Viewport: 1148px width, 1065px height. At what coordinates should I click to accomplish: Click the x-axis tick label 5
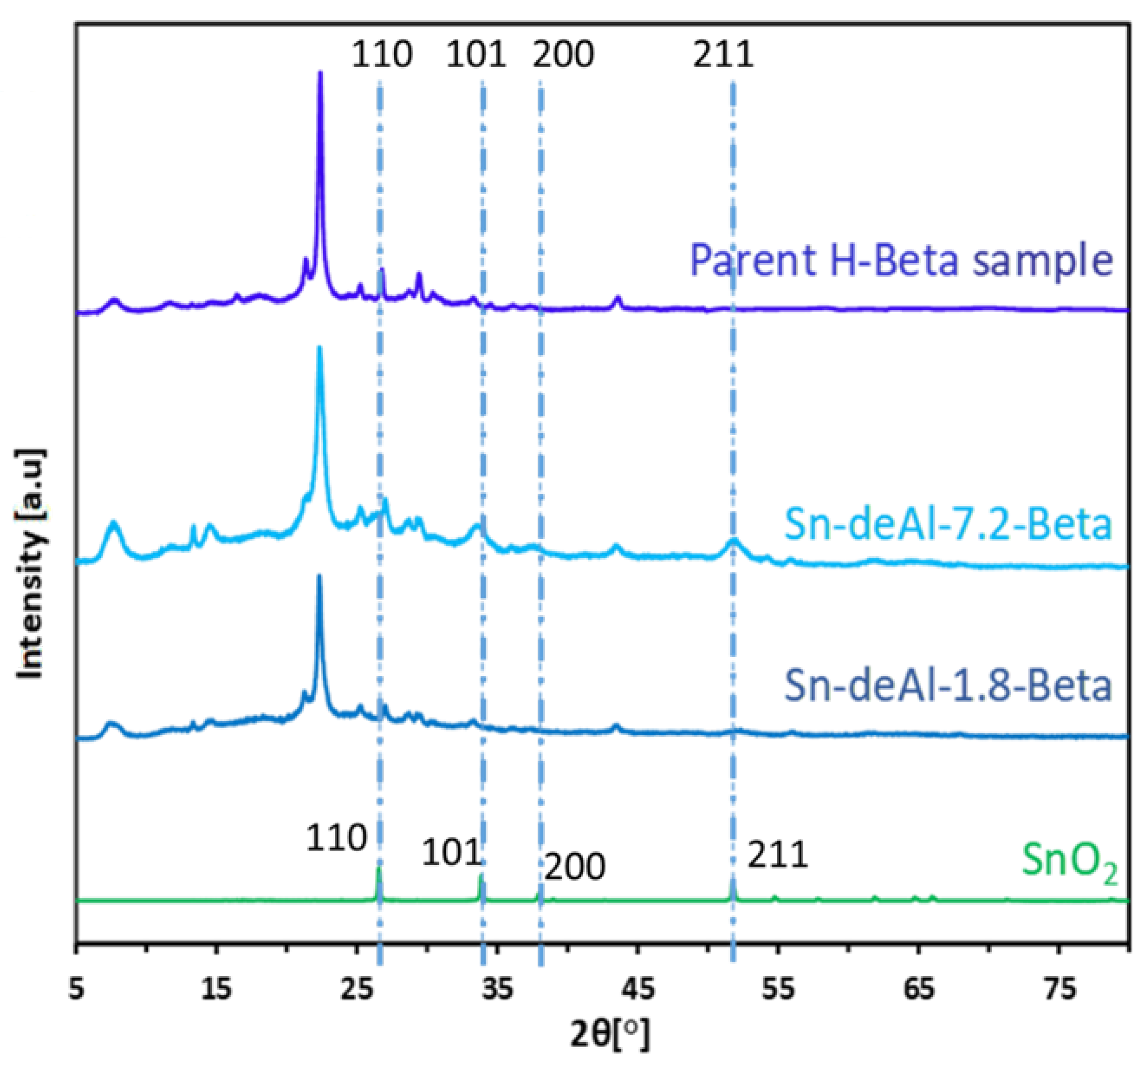(x=77, y=989)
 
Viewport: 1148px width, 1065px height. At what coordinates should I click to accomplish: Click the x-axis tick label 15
(x=217, y=989)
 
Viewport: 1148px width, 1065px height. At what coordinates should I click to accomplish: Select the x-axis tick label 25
(x=357, y=989)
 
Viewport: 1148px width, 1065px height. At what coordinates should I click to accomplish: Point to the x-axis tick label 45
(x=638, y=989)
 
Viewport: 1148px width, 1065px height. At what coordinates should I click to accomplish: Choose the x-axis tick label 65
(x=919, y=989)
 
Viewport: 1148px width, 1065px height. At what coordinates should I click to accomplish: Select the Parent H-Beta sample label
(x=902, y=261)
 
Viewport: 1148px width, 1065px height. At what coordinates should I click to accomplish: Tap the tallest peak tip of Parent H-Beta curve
(x=320, y=73)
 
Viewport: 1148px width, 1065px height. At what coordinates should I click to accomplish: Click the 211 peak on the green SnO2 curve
(x=733, y=882)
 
